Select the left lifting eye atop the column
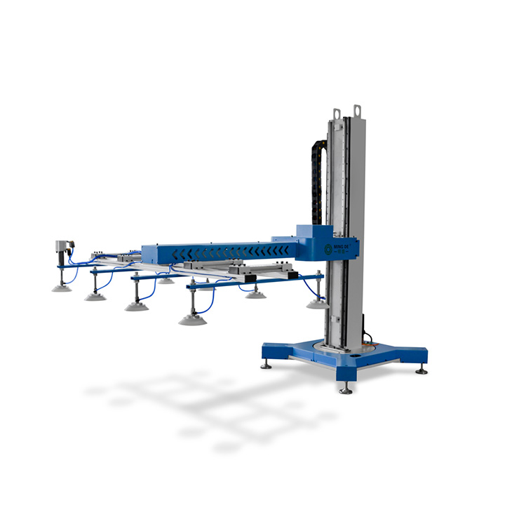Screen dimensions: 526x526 (x=337, y=113)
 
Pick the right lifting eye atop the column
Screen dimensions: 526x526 (x=357, y=110)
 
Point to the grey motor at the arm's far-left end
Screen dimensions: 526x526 (x=64, y=249)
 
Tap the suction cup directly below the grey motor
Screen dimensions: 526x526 (x=62, y=287)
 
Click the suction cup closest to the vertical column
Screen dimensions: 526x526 (x=316, y=304)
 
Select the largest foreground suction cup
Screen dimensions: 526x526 (x=193, y=319)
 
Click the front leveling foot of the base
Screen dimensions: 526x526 (x=345, y=389)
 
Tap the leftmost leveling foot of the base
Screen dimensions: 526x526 (x=267, y=365)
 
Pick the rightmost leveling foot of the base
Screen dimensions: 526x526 (x=422, y=370)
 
